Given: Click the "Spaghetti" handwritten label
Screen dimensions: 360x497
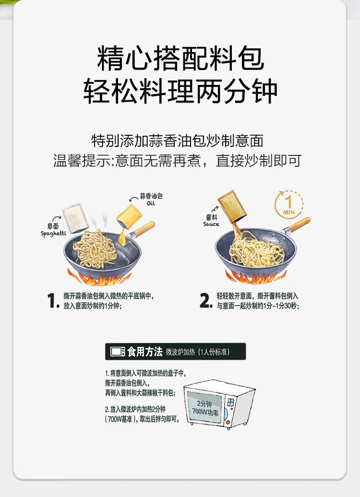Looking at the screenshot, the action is click(x=53, y=234).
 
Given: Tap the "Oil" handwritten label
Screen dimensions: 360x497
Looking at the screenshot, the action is click(x=151, y=203).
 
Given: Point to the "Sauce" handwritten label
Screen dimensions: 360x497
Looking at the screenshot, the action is click(x=211, y=224).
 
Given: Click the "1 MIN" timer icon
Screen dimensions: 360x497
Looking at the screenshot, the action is click(x=288, y=205).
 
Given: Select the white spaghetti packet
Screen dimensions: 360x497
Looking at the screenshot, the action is click(x=75, y=218).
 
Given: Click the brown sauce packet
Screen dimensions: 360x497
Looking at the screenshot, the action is click(x=232, y=206).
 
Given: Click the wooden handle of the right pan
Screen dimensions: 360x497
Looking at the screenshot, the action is click(x=299, y=225).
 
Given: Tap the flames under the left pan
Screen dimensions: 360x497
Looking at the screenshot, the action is click(x=99, y=277).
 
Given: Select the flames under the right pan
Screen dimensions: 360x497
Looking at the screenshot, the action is click(x=256, y=276).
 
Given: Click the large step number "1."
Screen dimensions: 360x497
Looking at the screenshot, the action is click(x=53, y=300).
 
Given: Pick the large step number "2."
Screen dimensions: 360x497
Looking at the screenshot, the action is click(x=206, y=300).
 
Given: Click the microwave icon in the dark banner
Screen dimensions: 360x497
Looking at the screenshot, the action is click(x=117, y=352).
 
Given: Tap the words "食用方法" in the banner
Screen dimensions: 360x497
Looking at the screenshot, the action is click(x=145, y=352).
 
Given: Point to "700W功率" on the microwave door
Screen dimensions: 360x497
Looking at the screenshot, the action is click(x=205, y=412).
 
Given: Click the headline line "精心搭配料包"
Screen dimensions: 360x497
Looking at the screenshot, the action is click(x=180, y=59).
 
